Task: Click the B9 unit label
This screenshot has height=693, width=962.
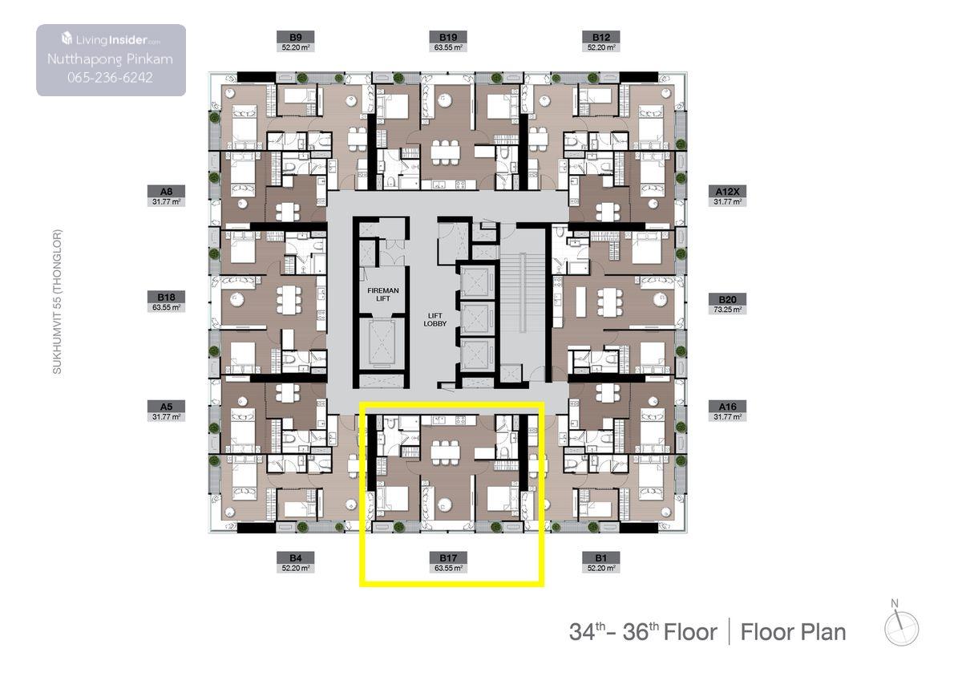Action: click(x=296, y=37)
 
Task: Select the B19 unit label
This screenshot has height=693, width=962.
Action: click(x=448, y=37)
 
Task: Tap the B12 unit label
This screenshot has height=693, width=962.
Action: click(x=600, y=37)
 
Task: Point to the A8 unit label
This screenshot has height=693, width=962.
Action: click(x=166, y=191)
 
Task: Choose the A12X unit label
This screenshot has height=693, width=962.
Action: click(x=728, y=191)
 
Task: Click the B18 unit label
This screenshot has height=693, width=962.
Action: click(x=166, y=297)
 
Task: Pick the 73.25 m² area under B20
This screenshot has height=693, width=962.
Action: click(x=728, y=310)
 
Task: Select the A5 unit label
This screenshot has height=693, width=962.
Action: click(x=166, y=407)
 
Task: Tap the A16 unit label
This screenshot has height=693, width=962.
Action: click(x=728, y=407)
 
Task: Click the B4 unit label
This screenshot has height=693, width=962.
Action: click(x=296, y=557)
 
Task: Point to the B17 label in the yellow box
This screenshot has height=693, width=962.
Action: click(x=448, y=557)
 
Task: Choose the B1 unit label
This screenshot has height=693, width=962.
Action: click(x=600, y=557)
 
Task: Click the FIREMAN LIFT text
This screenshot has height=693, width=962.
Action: click(x=383, y=294)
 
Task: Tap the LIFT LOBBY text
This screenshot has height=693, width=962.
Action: click(x=435, y=320)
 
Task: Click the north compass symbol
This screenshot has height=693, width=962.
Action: click(x=901, y=624)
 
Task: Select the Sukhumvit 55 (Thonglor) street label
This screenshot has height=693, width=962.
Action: click(x=57, y=302)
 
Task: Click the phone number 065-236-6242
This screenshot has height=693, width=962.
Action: click(x=110, y=77)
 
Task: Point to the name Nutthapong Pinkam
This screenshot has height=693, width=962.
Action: click(x=110, y=59)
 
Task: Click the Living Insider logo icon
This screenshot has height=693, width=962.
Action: click(x=67, y=38)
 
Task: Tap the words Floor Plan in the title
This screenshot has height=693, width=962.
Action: click(x=793, y=632)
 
